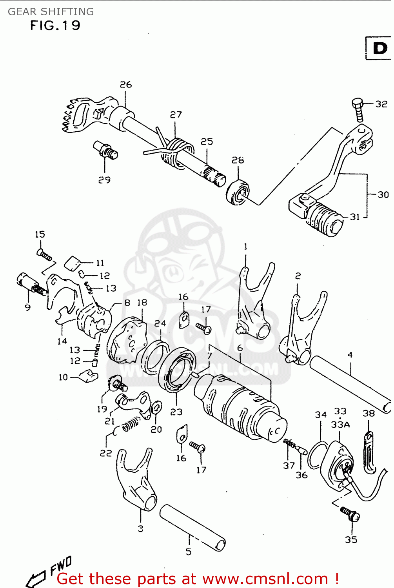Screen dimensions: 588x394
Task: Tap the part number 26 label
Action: point(126,85)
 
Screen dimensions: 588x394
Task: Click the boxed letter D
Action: point(379,48)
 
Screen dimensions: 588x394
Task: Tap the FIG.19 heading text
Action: point(55,26)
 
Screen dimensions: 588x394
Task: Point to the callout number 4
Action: point(350,355)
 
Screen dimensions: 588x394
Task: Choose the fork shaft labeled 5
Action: point(192,527)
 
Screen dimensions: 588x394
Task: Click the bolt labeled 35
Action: point(350,514)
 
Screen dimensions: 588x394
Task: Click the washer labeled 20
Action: point(156,408)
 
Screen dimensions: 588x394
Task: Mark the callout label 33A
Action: point(340,425)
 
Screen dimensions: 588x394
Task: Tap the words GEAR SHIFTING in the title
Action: point(51,12)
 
